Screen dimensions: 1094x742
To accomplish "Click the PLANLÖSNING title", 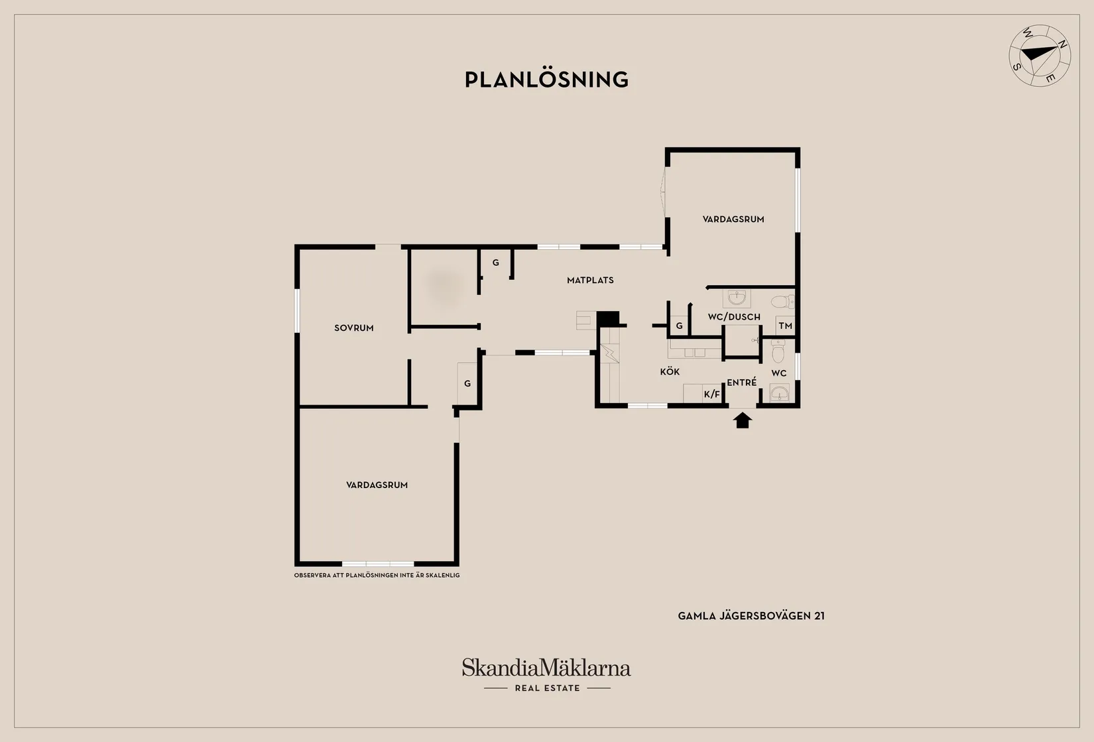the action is click(546, 80).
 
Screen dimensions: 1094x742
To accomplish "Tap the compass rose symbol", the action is click(1040, 56).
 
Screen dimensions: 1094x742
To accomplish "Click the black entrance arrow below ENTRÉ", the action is click(743, 420).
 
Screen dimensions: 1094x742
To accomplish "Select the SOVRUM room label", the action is click(354, 328).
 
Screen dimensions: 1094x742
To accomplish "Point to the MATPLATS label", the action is click(591, 280).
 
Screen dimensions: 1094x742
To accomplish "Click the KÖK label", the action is click(670, 372).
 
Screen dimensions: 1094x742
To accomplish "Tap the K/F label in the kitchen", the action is click(712, 394).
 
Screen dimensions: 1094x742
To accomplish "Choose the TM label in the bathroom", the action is click(785, 326).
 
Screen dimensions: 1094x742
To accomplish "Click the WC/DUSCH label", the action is click(734, 317).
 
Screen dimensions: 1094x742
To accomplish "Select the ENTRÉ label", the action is click(742, 383).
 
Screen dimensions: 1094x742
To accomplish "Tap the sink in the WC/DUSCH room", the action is click(737, 298).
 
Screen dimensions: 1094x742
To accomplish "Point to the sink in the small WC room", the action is click(779, 393).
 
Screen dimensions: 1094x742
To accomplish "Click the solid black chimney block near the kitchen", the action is click(608, 319).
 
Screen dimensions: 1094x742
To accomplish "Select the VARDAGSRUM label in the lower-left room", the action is click(377, 485).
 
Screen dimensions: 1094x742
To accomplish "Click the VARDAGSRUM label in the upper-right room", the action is click(733, 219).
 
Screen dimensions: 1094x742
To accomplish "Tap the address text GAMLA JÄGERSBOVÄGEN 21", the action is click(751, 616).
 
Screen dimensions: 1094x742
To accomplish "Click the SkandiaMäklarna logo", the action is click(546, 668).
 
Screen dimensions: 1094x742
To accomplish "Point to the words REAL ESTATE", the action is click(548, 688).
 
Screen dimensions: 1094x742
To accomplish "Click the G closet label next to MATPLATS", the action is click(496, 263).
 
